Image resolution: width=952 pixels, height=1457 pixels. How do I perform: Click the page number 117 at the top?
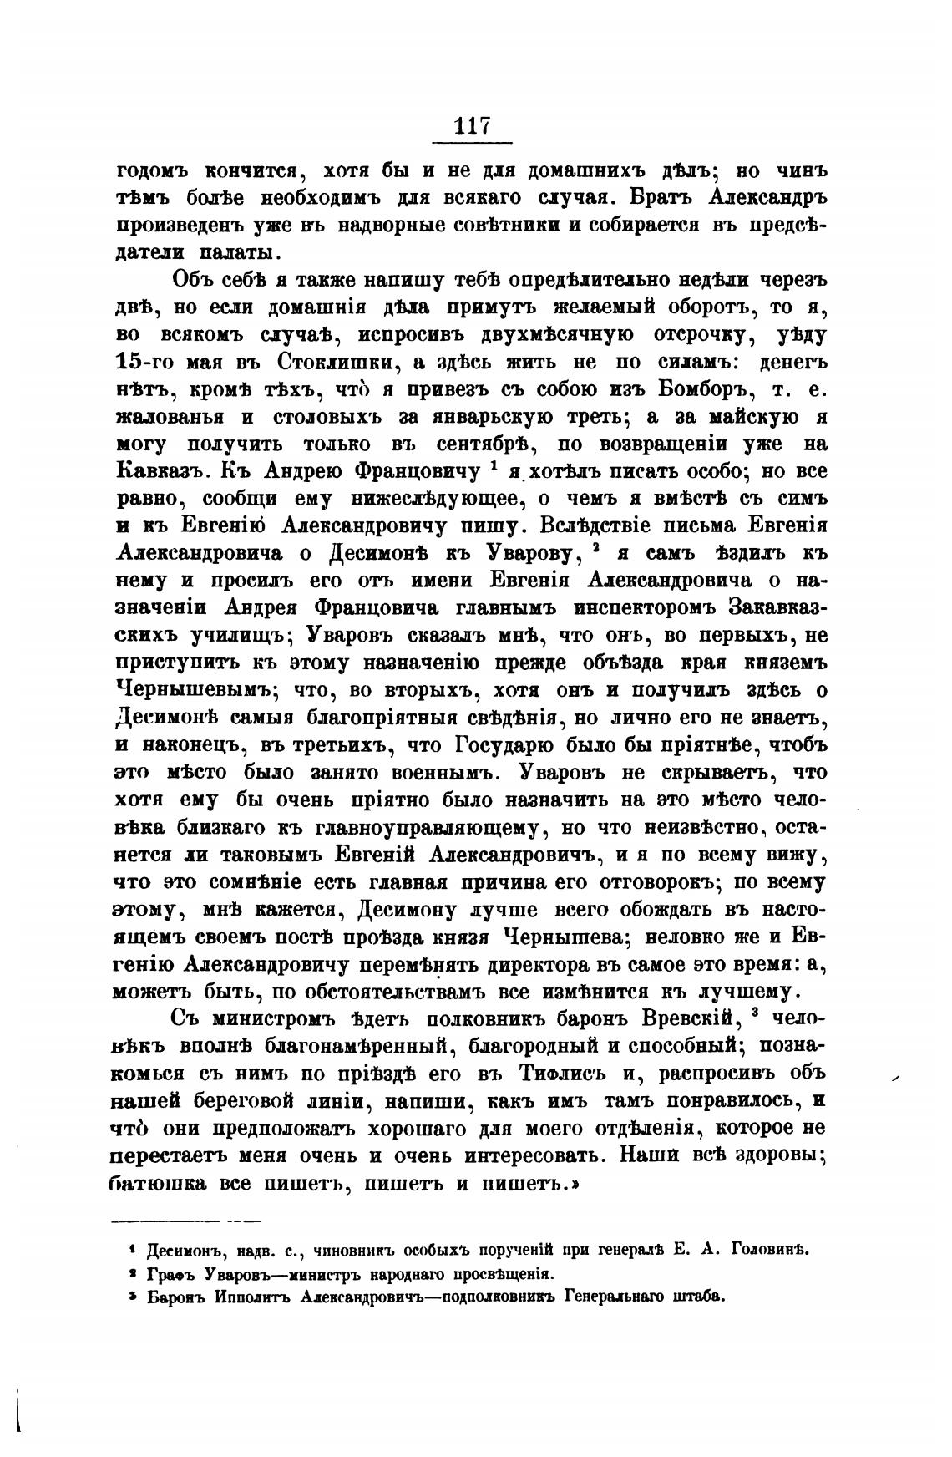point(472,126)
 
